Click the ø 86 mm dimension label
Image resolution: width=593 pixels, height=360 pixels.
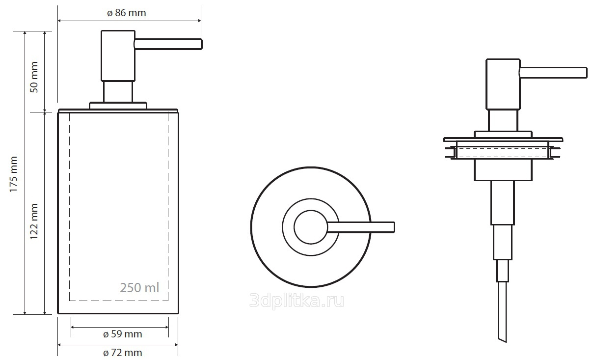click(126, 13)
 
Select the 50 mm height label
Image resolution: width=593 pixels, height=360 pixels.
click(34, 77)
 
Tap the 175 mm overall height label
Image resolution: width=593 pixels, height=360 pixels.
click(13, 174)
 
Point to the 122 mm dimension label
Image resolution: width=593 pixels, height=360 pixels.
click(34, 221)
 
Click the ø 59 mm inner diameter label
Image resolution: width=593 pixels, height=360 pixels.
click(123, 334)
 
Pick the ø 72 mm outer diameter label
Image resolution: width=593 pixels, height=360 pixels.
click(123, 353)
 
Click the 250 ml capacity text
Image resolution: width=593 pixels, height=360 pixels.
click(139, 288)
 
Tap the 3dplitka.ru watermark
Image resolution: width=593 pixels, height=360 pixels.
click(297, 301)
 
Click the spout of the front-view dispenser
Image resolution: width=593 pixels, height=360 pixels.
click(168, 44)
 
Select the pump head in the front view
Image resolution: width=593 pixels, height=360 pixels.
click(118, 55)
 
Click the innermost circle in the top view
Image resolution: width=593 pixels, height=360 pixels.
click(311, 227)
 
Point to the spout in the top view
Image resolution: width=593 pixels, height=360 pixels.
click(361, 227)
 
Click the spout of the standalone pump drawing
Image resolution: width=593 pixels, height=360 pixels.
click(553, 73)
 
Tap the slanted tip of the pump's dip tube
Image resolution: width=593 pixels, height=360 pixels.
click(503, 339)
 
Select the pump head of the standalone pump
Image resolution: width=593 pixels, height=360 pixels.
click(503, 84)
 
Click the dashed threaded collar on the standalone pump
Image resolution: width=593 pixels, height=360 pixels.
click(503, 153)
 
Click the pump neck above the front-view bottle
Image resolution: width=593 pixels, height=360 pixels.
click(118, 92)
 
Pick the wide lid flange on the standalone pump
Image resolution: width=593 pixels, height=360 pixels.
click(503, 139)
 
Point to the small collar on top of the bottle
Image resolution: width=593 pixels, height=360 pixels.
click(118, 106)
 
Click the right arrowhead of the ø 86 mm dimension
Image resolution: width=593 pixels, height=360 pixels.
click(199, 21)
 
